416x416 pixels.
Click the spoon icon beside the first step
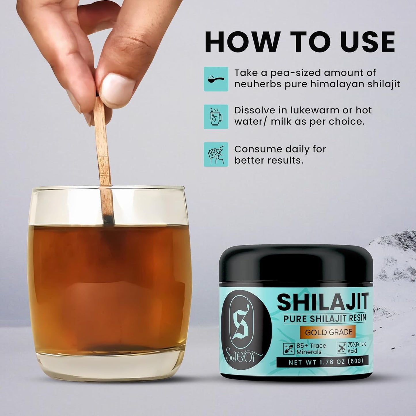(x=216, y=79)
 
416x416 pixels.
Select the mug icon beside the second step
(x=216, y=117)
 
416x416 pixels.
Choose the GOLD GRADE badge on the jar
(x=328, y=332)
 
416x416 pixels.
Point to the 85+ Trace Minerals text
(x=311, y=349)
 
